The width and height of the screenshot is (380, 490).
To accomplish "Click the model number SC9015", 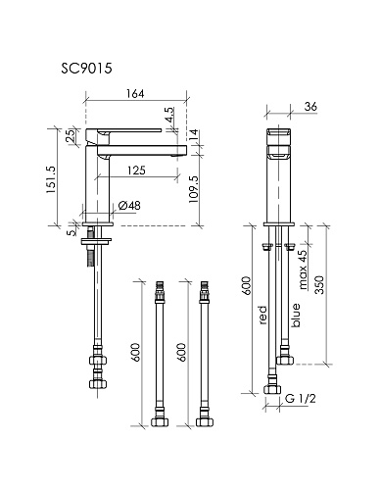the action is coord(86,69).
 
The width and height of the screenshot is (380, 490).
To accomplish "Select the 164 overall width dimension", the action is coord(135,94).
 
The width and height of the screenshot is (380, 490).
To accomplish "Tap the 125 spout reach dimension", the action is coord(136,171).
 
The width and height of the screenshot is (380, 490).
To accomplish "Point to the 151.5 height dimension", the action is coord(51,179).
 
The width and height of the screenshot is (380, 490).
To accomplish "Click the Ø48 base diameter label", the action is coord(129,206).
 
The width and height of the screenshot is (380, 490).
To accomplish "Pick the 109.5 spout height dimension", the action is coord(194,189).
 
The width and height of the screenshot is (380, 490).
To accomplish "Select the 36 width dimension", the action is coord(310,107).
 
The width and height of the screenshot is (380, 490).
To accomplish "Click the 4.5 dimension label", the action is coord(169,115).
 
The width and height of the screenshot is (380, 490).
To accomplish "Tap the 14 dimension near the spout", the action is coord(193,135).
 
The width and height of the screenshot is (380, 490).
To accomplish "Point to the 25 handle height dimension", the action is coord(70,135).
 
